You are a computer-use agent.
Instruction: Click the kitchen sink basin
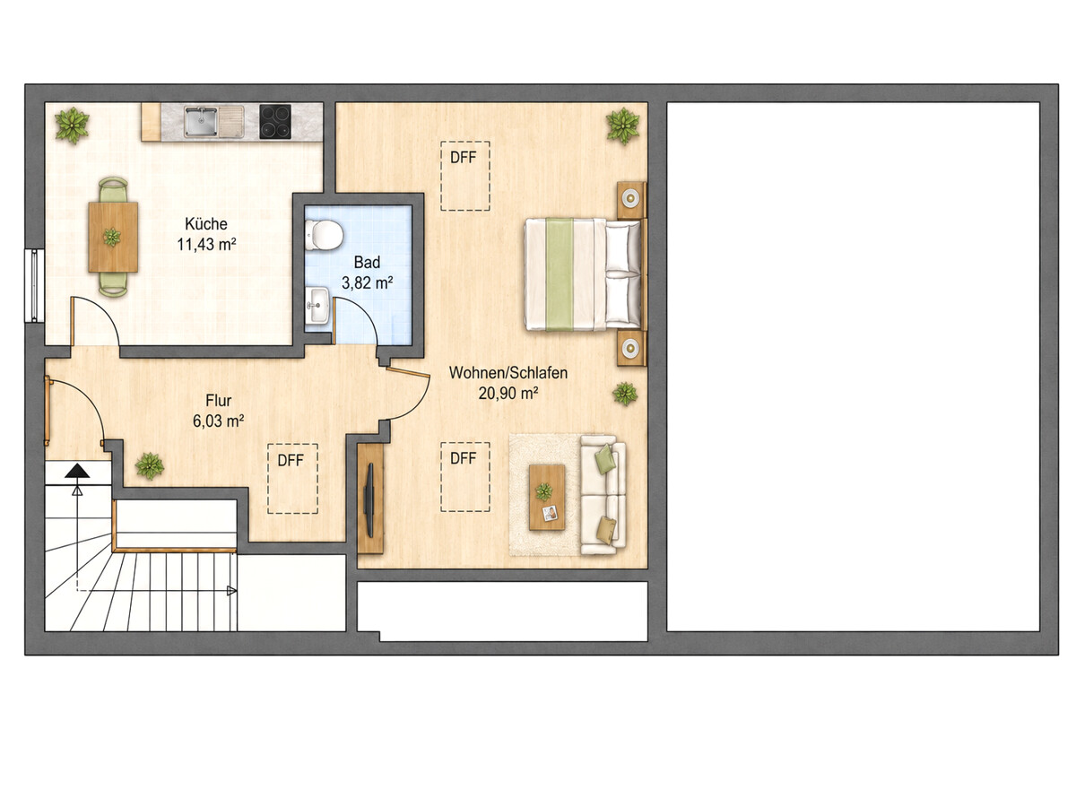(x=201, y=122)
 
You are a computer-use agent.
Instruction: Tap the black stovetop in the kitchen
(x=275, y=121)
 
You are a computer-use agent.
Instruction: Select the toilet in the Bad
(x=323, y=234)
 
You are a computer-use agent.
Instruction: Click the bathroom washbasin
(x=317, y=305)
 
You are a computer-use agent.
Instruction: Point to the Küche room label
(x=206, y=224)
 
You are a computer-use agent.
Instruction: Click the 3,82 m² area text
(x=367, y=282)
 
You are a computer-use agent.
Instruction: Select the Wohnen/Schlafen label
(x=508, y=372)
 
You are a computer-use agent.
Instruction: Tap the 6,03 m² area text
(x=219, y=421)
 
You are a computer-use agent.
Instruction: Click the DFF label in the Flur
(x=291, y=460)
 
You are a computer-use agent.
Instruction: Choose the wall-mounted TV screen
(x=369, y=499)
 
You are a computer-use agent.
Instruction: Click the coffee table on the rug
(x=547, y=498)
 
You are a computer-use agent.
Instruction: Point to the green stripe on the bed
(x=560, y=274)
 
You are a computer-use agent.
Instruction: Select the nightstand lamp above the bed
(x=630, y=198)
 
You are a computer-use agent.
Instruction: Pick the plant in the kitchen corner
(x=72, y=125)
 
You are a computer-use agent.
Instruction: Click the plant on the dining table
(x=112, y=237)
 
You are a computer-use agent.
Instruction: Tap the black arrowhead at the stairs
(x=77, y=471)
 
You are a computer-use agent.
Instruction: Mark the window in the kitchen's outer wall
(x=34, y=286)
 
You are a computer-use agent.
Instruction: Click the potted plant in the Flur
(x=150, y=466)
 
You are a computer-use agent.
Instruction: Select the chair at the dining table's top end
(x=113, y=189)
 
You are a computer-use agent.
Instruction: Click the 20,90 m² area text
(x=508, y=393)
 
